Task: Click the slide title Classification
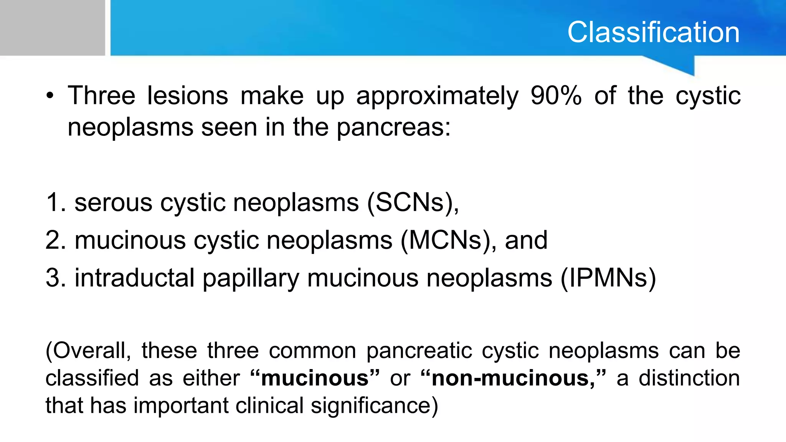coord(653,32)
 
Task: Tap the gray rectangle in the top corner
coord(52,28)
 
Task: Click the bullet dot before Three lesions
coord(50,97)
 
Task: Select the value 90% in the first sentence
coord(556,96)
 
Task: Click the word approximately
coord(437,97)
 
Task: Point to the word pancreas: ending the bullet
coord(393,127)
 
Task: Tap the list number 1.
coord(54,203)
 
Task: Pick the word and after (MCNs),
coord(526,241)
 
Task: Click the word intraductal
coord(134,278)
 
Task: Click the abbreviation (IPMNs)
coord(608,278)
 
